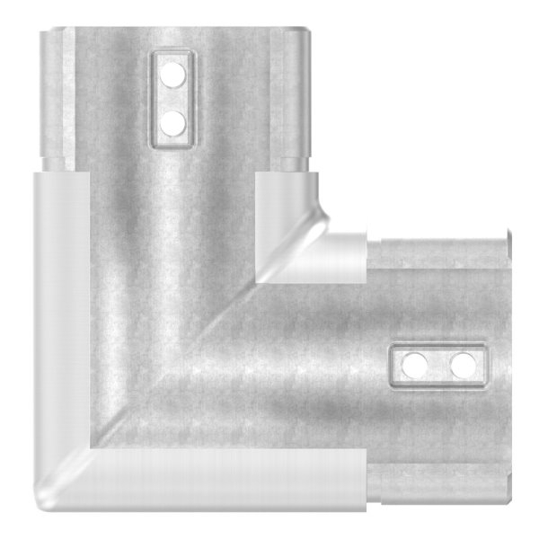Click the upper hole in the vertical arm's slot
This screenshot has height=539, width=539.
click(x=171, y=76)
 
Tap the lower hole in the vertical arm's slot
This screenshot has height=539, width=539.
click(x=171, y=119)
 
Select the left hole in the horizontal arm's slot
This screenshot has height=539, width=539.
click(x=415, y=365)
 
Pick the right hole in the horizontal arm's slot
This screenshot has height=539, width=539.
click(x=462, y=365)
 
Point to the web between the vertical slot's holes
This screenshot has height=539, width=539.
click(x=171, y=98)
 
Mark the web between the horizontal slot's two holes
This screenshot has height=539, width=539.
click(x=438, y=365)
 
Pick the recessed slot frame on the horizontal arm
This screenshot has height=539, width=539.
click(x=438, y=346)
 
